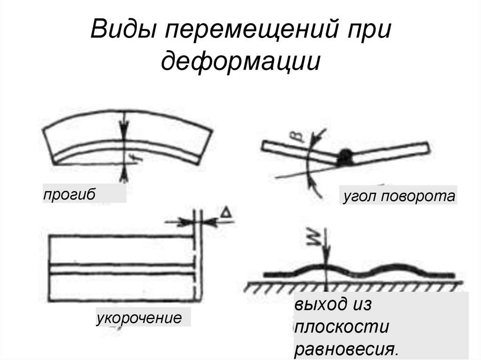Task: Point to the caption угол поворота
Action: (x=398, y=196)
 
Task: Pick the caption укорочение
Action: (x=139, y=318)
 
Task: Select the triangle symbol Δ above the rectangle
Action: (x=226, y=214)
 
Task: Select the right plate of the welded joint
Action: (x=390, y=152)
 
